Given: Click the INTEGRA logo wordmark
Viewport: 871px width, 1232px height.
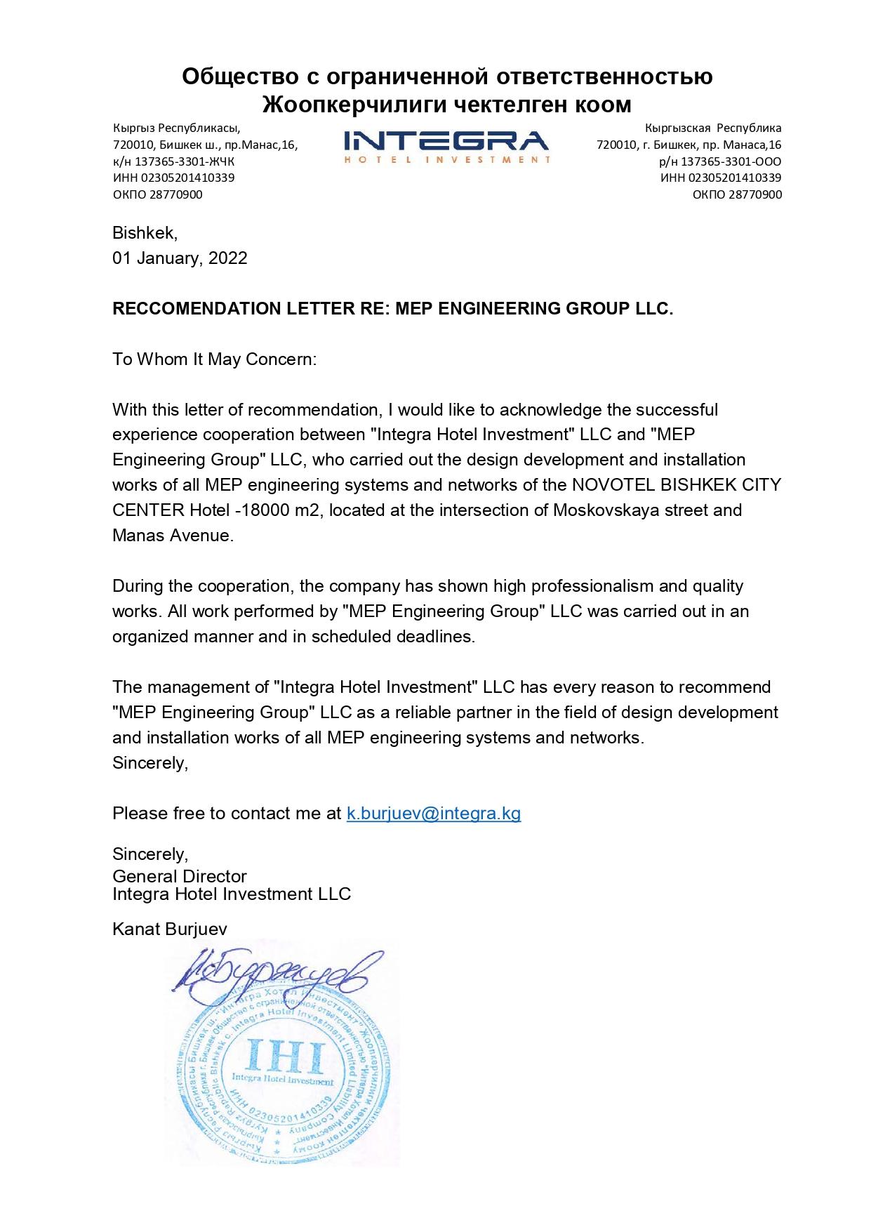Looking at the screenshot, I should pyautogui.click(x=446, y=140).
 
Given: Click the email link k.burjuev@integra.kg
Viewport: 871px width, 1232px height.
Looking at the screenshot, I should pyautogui.click(x=434, y=814).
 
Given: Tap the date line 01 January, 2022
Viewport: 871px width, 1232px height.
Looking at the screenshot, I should pyautogui.click(x=180, y=258).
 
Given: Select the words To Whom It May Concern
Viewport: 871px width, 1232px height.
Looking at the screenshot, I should pyautogui.click(x=215, y=359).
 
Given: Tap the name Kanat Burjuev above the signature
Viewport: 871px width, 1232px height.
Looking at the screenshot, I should pyautogui.click(x=170, y=929).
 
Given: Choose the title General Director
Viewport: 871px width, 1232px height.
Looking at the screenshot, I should pyautogui.click(x=180, y=876).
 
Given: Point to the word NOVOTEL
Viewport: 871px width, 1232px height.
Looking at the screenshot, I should pyautogui.click(x=608, y=485).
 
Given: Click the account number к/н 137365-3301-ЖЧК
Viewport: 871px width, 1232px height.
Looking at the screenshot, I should pyautogui.click(x=174, y=161).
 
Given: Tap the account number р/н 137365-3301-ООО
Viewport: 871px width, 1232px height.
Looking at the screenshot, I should pyautogui.click(x=720, y=161).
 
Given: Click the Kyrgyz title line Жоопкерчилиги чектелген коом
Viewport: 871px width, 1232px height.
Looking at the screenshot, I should pyautogui.click(x=447, y=105).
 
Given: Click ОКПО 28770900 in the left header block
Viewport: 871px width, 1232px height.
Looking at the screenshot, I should pyautogui.click(x=158, y=194).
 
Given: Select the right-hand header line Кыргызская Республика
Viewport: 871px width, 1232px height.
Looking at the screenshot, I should pyautogui.click(x=713, y=128).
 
